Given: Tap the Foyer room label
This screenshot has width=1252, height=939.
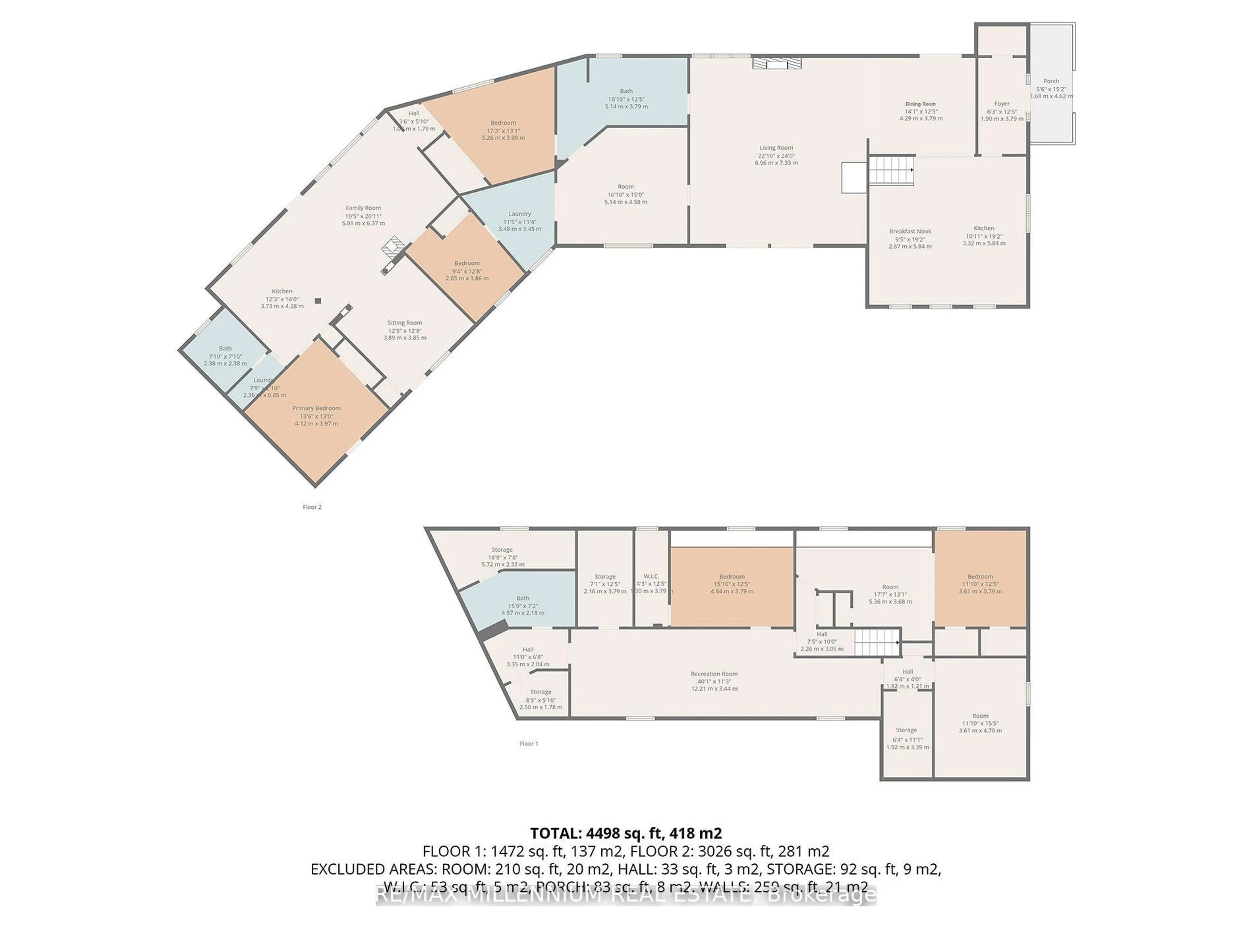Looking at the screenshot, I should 1002,104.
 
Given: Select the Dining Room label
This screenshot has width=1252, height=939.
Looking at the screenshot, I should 921,104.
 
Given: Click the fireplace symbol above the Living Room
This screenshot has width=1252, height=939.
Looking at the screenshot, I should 777,63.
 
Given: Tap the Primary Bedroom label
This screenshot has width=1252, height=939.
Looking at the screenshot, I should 316,409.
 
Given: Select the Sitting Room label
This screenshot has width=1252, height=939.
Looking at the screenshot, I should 405,323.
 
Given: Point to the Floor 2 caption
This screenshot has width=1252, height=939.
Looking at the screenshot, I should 312,507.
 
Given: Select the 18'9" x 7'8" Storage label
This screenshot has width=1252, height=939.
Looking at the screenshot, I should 502,550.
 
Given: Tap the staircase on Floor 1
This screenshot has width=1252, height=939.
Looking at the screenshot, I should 876,642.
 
